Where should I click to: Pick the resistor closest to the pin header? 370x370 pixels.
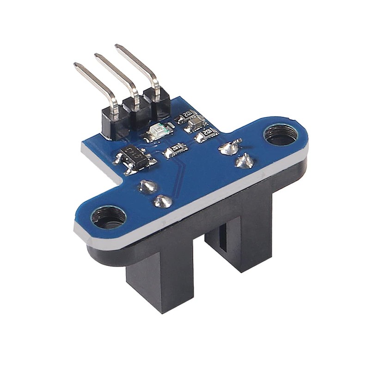[187, 116]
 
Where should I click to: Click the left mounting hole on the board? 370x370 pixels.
[109, 216]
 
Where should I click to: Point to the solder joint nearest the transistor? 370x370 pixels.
[148, 186]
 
